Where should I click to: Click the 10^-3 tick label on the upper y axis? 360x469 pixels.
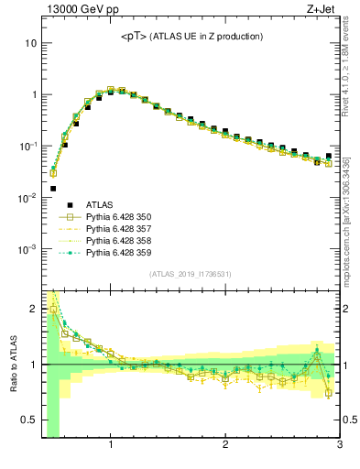pos(27,249)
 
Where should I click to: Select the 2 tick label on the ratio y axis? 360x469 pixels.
pos(32,309)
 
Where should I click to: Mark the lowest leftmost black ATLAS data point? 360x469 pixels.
pos(53,188)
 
